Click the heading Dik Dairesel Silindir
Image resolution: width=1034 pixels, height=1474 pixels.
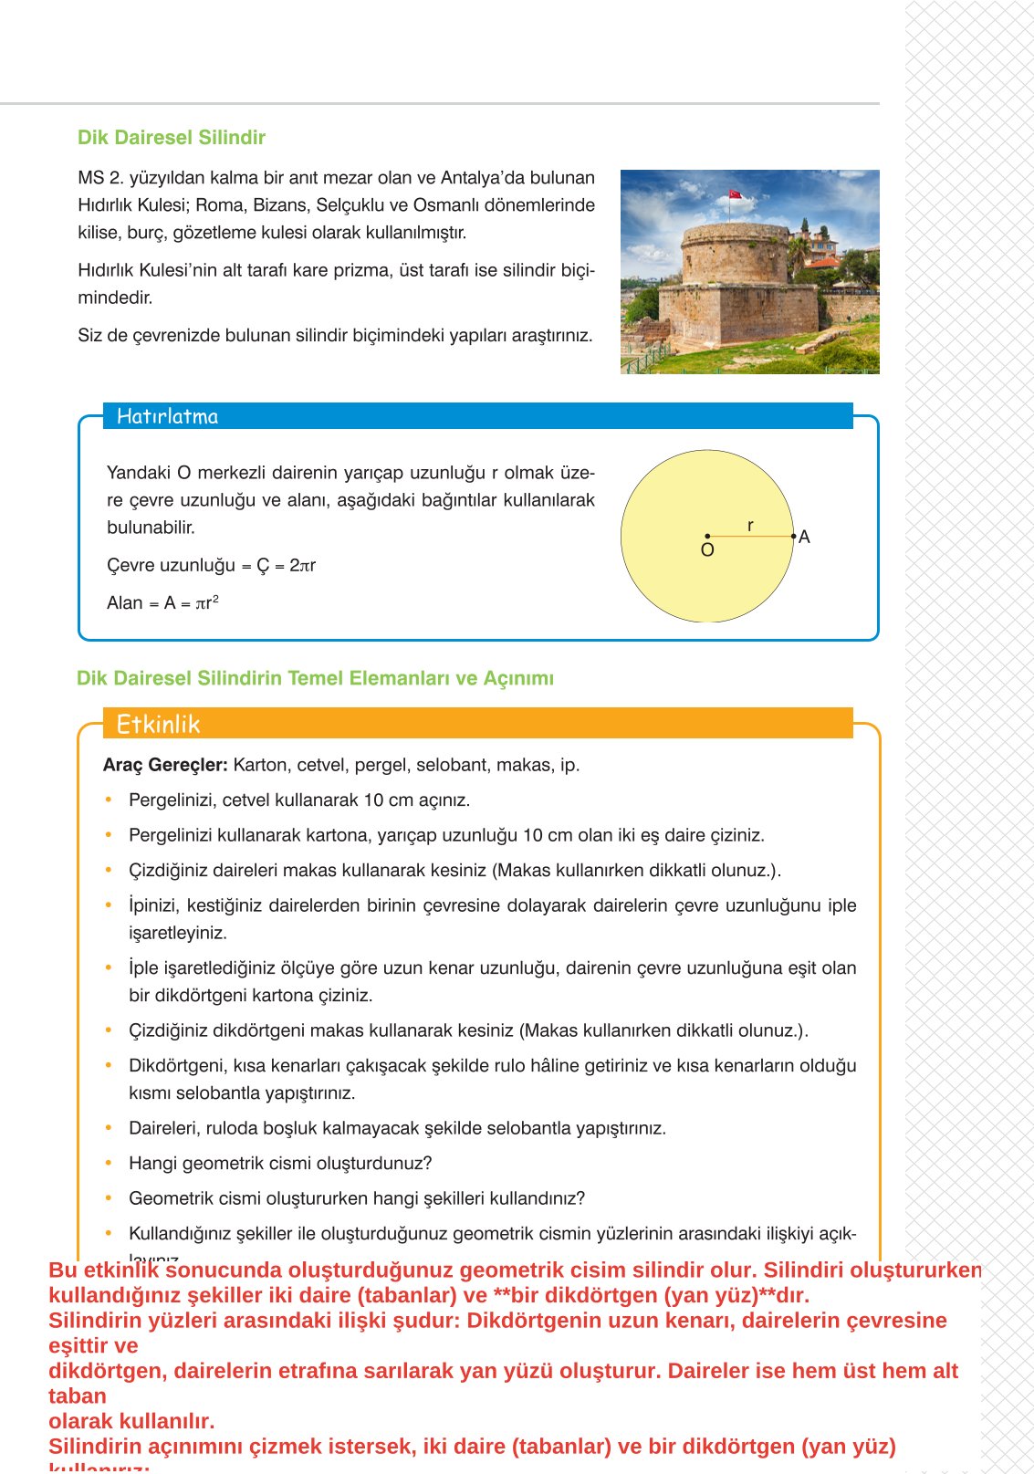click(x=171, y=138)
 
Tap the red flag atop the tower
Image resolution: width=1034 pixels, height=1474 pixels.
click(x=735, y=194)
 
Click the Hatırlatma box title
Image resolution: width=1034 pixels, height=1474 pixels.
click(x=167, y=417)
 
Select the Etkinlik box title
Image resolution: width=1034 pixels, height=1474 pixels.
click(x=158, y=725)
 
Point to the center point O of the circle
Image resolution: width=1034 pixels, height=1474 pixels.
click(x=707, y=537)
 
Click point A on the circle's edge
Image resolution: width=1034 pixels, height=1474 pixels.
click(x=795, y=537)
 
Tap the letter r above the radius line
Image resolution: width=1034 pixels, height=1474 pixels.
click(x=750, y=526)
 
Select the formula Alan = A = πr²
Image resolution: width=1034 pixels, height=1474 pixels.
click(x=162, y=603)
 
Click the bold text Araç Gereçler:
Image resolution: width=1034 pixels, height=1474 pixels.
click(x=165, y=765)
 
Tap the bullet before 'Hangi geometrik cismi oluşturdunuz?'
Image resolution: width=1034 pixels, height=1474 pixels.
click(x=109, y=1163)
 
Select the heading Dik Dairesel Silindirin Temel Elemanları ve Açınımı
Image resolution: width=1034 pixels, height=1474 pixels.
click(x=315, y=679)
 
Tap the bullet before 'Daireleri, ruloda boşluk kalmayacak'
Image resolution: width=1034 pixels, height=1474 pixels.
click(x=109, y=1128)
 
